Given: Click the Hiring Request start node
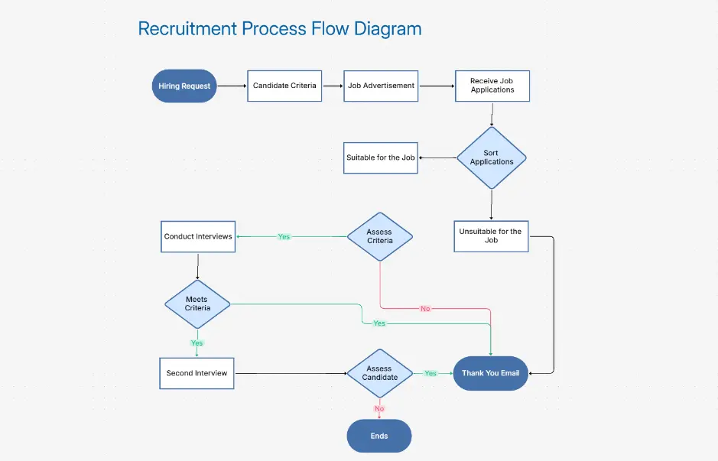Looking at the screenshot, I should pos(184,86).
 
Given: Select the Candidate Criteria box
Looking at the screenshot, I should pos(284,86).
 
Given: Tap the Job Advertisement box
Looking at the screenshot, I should pos(381,86).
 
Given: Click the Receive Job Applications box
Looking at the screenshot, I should pos(492,86).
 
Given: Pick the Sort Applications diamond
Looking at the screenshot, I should pos(491,157).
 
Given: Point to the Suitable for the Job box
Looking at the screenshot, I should pos(381,157).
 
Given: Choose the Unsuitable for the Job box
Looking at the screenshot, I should pos(491,235).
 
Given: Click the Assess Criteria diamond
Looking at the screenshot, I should pos(379,236).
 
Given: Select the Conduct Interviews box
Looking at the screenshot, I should pos(198,236).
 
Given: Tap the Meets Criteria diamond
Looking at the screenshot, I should pos(197,304).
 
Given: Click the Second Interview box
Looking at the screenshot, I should pos(197,373).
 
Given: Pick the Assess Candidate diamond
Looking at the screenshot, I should pos(379,373).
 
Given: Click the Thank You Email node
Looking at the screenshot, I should pos(490,373).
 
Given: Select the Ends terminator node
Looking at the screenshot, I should pos(379,436).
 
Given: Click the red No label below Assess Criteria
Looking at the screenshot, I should pos(425,309).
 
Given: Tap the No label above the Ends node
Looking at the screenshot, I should pos(379,408).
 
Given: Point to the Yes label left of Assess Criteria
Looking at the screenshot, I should pos(284,237).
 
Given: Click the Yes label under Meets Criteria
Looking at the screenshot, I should pos(197,343).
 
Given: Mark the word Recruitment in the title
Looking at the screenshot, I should pos(187,29).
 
